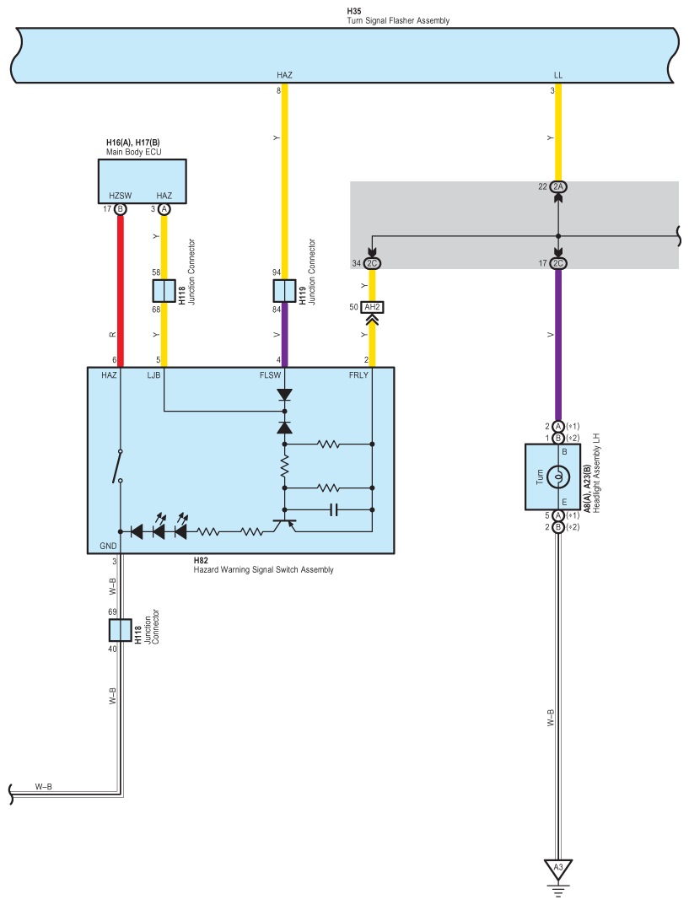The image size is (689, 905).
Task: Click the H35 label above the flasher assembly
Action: pos(353,11)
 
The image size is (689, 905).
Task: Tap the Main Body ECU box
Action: pos(142,181)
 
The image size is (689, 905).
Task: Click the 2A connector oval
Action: pos(558,186)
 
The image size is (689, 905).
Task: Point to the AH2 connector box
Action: pos(372,307)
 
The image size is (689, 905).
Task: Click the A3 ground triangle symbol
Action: pos(558,870)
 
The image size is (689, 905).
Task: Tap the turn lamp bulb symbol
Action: pos(558,477)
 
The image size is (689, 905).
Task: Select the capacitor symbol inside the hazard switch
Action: pos(333,509)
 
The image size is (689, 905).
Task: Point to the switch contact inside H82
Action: pos(118,466)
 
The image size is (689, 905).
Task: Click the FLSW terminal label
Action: pos(270,375)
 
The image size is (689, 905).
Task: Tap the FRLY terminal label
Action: pos(358,375)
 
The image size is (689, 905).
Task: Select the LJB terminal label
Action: pos(153,375)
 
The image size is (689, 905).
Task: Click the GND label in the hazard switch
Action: pos(108,546)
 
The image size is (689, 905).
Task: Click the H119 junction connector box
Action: pos(284,291)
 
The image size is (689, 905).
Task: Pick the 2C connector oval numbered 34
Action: pos(372,263)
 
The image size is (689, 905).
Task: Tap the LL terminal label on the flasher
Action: pos(558,75)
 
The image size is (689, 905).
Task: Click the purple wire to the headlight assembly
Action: pos(558,345)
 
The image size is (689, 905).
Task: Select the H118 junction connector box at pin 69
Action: pos(121,630)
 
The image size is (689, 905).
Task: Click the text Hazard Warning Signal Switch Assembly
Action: pos(263,569)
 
